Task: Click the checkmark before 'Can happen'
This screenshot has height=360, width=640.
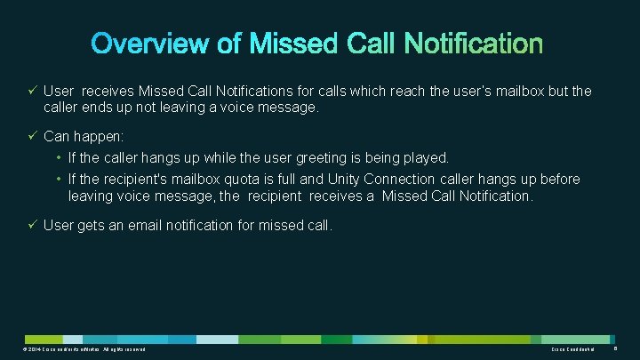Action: click(32, 138)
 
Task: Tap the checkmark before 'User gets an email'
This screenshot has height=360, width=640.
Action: click(32, 226)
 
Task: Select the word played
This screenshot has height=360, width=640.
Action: click(425, 157)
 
